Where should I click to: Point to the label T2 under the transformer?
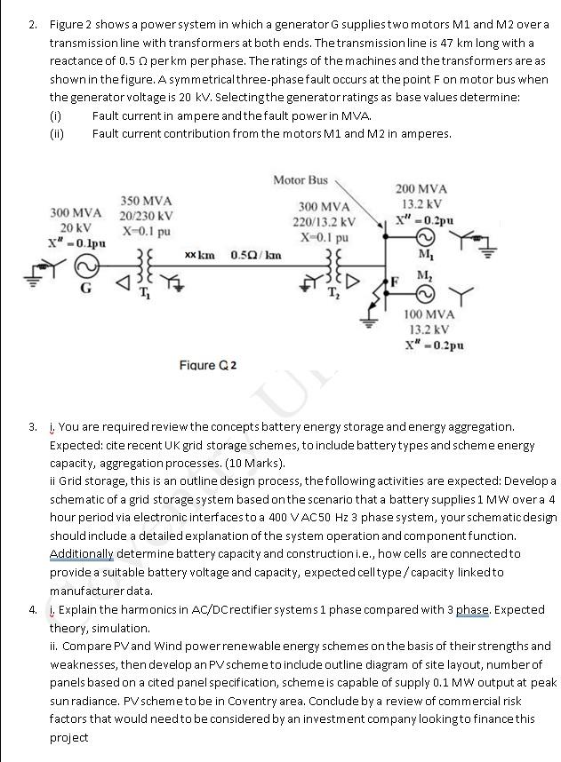pyautogui.click(x=333, y=294)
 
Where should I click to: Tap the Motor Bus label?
pyautogui.click(x=300, y=180)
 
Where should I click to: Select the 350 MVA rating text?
pyautogui.click(x=147, y=202)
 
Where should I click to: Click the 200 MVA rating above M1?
pyautogui.click(x=421, y=188)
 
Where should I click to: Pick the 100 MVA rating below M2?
pyautogui.click(x=429, y=314)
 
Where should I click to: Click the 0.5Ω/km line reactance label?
pyautogui.click(x=256, y=256)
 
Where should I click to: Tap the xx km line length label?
pyautogui.click(x=199, y=256)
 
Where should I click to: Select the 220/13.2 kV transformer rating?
pyautogui.click(x=324, y=222)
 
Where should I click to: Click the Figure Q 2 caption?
pyautogui.click(x=208, y=365)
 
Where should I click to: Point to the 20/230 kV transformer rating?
pyautogui.click(x=147, y=216)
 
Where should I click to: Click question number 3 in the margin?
pyautogui.click(x=32, y=427)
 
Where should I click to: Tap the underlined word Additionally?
pyautogui.click(x=82, y=554)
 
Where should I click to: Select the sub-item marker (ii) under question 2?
pyautogui.click(x=57, y=134)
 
